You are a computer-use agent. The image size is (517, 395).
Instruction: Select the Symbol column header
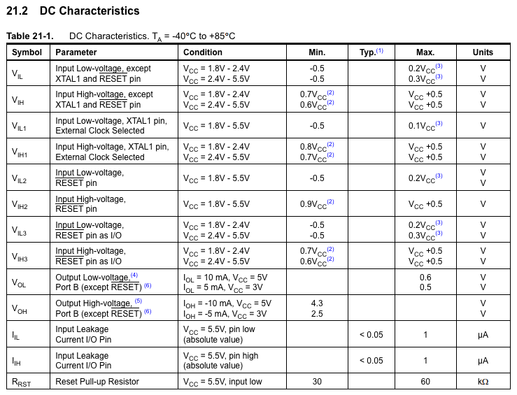[27, 52]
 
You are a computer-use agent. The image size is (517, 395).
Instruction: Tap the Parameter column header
[76, 52]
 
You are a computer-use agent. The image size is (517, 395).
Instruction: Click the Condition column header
[203, 52]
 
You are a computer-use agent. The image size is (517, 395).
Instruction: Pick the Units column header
[483, 52]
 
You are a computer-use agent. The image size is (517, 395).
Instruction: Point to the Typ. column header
[371, 52]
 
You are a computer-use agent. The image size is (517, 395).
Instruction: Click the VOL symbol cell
[19, 282]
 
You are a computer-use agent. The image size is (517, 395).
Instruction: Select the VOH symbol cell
[19, 308]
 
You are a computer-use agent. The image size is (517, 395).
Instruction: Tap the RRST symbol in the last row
[21, 382]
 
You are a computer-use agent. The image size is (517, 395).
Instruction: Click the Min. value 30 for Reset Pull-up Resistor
[317, 382]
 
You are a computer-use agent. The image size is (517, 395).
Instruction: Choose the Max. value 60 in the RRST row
[425, 382]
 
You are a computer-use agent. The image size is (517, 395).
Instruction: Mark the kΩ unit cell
[483, 382]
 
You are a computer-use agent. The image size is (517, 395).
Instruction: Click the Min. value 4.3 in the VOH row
[317, 303]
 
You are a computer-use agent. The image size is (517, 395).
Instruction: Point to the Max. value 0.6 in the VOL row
[425, 277]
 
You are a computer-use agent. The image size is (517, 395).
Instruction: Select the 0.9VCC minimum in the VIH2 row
[317, 204]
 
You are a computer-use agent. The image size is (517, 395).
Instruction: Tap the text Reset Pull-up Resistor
[97, 382]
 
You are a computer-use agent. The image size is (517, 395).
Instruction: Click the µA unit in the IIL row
[483, 335]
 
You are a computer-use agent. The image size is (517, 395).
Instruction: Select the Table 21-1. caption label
[29, 36]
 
